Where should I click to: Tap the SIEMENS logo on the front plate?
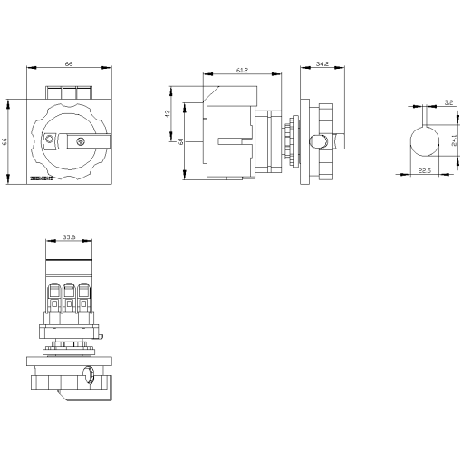point(43,179)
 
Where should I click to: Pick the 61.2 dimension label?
point(242,70)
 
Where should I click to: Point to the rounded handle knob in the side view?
point(320,141)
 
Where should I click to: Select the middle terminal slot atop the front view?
point(70,92)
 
